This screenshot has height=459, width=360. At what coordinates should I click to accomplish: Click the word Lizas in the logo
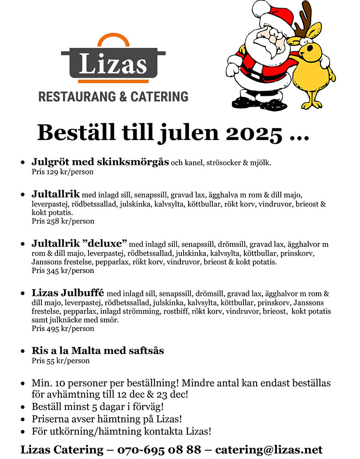click(113, 63)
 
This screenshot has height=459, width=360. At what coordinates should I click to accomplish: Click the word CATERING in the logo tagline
click(159, 96)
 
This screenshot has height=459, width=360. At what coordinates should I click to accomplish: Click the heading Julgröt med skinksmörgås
click(100, 162)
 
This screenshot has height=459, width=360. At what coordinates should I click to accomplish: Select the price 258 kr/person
click(63, 221)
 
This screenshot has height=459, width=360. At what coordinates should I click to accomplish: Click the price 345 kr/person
click(63, 270)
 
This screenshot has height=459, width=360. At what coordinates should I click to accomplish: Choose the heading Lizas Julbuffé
click(67, 293)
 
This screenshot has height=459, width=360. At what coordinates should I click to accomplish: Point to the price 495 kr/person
click(63, 328)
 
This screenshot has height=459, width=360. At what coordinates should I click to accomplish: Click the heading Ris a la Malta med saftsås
click(98, 350)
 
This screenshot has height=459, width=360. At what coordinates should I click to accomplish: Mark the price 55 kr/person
click(61, 360)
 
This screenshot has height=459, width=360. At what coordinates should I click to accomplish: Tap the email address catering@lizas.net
click(269, 450)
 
